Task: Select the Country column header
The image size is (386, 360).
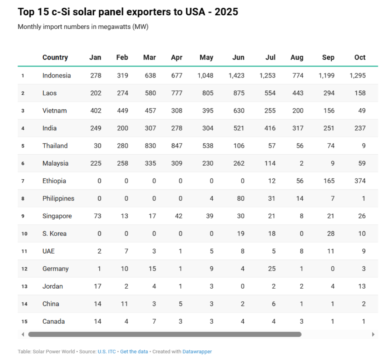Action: click(x=55, y=57)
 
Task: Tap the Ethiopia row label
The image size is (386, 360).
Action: click(x=54, y=181)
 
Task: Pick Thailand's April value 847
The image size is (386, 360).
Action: click(x=177, y=146)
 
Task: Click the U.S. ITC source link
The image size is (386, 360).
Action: click(x=107, y=351)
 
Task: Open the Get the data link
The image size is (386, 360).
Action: click(x=134, y=351)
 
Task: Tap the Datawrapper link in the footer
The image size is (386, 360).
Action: click(x=197, y=351)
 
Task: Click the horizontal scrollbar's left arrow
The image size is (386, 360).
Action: click(x=23, y=334)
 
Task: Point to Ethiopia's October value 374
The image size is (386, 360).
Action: click(x=360, y=181)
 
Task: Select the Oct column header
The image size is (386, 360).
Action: click(x=360, y=57)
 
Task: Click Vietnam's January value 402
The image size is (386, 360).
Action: click(x=95, y=111)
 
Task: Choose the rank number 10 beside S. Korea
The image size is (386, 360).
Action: click(x=24, y=234)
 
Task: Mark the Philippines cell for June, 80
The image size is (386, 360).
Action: click(x=240, y=198)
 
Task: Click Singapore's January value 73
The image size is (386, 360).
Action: click(x=97, y=216)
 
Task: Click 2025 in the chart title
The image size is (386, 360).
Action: click(x=225, y=12)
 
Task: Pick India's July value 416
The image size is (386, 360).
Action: click(x=270, y=128)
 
